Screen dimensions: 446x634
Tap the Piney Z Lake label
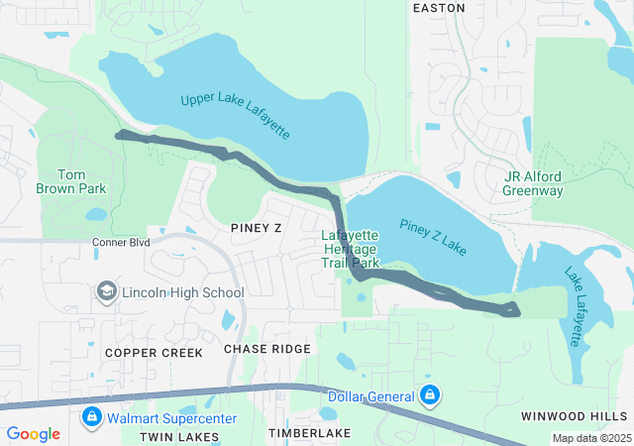[x=433, y=235]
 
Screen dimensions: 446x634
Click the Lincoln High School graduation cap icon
[x=106, y=292]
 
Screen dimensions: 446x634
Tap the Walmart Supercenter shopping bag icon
[x=92, y=416]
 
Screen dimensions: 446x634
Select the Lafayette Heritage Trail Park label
[x=351, y=250]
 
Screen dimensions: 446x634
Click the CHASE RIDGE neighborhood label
[x=266, y=349]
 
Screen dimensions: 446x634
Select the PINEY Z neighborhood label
[x=256, y=227]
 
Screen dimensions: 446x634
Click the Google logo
[x=33, y=434]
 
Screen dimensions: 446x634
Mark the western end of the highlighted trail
[x=119, y=134]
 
